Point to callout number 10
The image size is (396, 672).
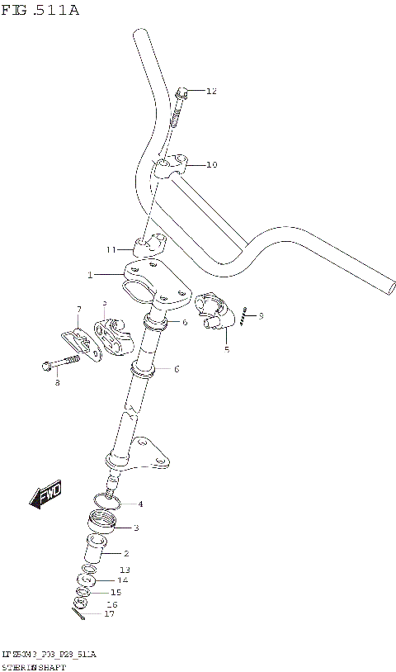pyautogui.click(x=211, y=165)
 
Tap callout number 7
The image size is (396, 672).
pyautogui.click(x=79, y=310)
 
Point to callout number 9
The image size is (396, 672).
pyautogui.click(x=261, y=315)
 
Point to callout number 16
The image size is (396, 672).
pyautogui.click(x=112, y=604)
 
